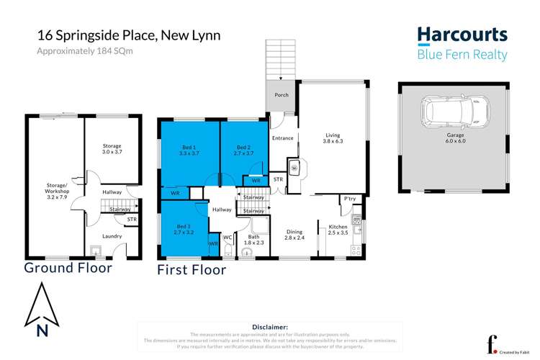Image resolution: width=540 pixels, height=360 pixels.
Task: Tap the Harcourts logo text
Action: [x=462, y=36]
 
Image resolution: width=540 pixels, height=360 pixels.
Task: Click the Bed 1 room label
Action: [x=189, y=150]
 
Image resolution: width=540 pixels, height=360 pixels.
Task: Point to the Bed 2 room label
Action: [x=243, y=150]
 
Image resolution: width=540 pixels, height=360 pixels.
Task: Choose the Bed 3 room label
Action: [x=184, y=230]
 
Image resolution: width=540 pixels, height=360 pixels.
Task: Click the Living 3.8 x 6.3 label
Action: [x=333, y=138]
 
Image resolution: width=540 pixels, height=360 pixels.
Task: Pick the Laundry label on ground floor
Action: [x=112, y=235]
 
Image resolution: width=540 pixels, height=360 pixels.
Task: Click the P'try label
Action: [x=350, y=198]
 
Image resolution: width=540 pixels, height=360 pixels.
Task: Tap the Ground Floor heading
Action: [x=68, y=268]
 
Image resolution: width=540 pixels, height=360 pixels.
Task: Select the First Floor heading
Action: [x=192, y=270]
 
